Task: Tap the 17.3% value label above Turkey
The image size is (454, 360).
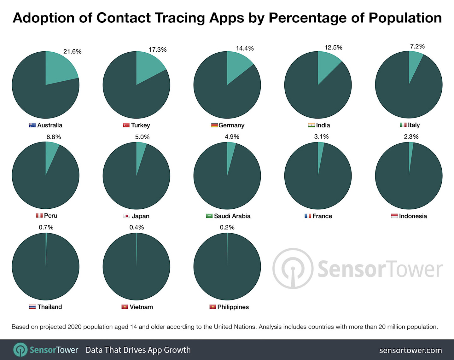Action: (158, 50)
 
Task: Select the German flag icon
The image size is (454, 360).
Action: (214, 125)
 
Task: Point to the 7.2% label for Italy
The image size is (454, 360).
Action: (417, 46)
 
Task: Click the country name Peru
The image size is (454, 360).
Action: (50, 216)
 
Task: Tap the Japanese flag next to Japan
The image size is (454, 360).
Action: (126, 216)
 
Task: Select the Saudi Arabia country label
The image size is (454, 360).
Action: (232, 216)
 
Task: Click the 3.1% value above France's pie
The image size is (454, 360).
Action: (321, 136)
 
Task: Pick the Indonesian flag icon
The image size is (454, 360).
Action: (394, 216)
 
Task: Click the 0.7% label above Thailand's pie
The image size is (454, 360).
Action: (46, 227)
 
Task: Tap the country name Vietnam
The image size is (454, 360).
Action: (141, 307)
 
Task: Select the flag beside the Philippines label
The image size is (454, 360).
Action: (212, 307)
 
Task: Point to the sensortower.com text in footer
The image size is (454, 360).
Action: (410, 350)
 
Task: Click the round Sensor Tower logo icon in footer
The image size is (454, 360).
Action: (20, 350)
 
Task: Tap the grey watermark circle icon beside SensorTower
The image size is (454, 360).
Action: (293, 269)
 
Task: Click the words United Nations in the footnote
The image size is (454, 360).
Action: (235, 327)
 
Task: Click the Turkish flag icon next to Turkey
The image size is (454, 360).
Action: (126, 125)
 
